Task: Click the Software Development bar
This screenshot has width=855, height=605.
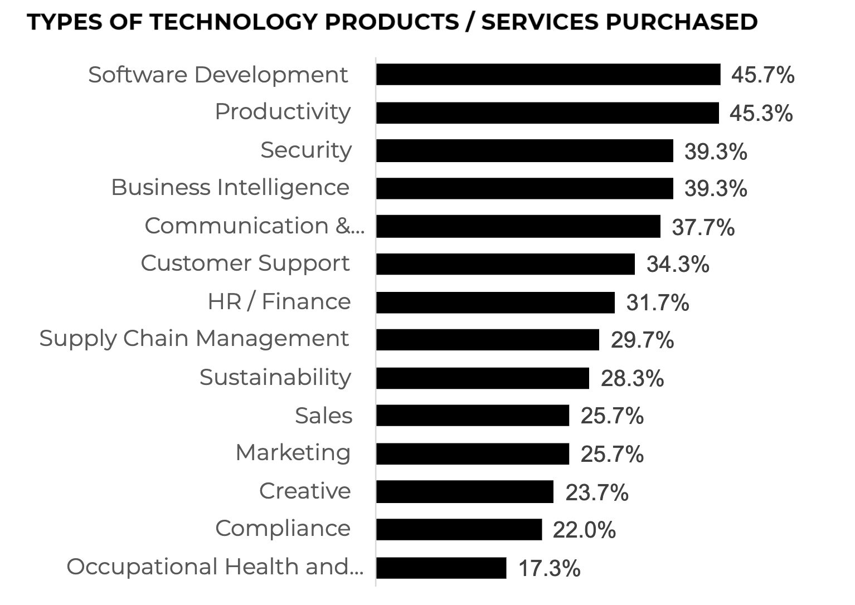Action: tap(548, 74)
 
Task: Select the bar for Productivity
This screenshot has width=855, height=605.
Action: tap(547, 113)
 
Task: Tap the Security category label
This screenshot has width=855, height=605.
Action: tap(306, 150)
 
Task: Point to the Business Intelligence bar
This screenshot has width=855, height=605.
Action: tap(524, 188)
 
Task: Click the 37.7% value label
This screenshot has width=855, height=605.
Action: tap(703, 227)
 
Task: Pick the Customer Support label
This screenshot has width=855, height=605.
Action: tap(245, 263)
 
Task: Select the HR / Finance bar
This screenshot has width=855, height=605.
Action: tap(495, 302)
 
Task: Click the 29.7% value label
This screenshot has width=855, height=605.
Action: tap(642, 340)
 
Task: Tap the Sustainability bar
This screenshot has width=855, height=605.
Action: tap(482, 378)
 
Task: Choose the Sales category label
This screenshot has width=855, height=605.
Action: tap(323, 416)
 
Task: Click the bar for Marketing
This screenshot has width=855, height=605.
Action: tap(473, 454)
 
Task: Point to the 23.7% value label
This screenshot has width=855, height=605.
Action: tap(596, 492)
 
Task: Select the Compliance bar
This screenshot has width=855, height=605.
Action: tap(459, 529)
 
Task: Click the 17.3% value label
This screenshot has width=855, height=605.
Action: tap(549, 569)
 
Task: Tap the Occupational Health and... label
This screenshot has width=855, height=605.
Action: tap(215, 567)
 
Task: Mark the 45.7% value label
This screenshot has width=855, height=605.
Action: tap(762, 75)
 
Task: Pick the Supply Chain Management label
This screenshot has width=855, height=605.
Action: tap(194, 338)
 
